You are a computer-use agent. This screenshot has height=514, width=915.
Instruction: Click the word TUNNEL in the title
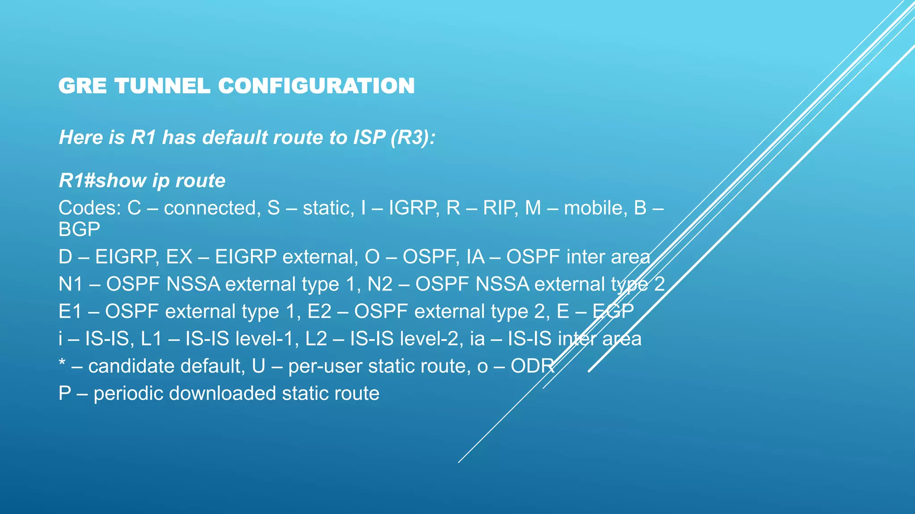[x=162, y=86]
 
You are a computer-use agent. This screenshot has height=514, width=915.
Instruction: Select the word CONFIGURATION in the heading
[x=316, y=86]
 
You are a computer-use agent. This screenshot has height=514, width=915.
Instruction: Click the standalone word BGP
[x=79, y=229]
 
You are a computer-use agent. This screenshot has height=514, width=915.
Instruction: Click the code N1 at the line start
[x=71, y=284]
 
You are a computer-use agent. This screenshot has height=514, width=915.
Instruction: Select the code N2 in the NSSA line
[x=380, y=284]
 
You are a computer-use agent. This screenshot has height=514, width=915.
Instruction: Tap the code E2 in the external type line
[x=319, y=311]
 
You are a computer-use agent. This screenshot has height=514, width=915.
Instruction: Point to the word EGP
[x=613, y=311]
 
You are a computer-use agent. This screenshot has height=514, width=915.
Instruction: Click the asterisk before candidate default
[x=62, y=363]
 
